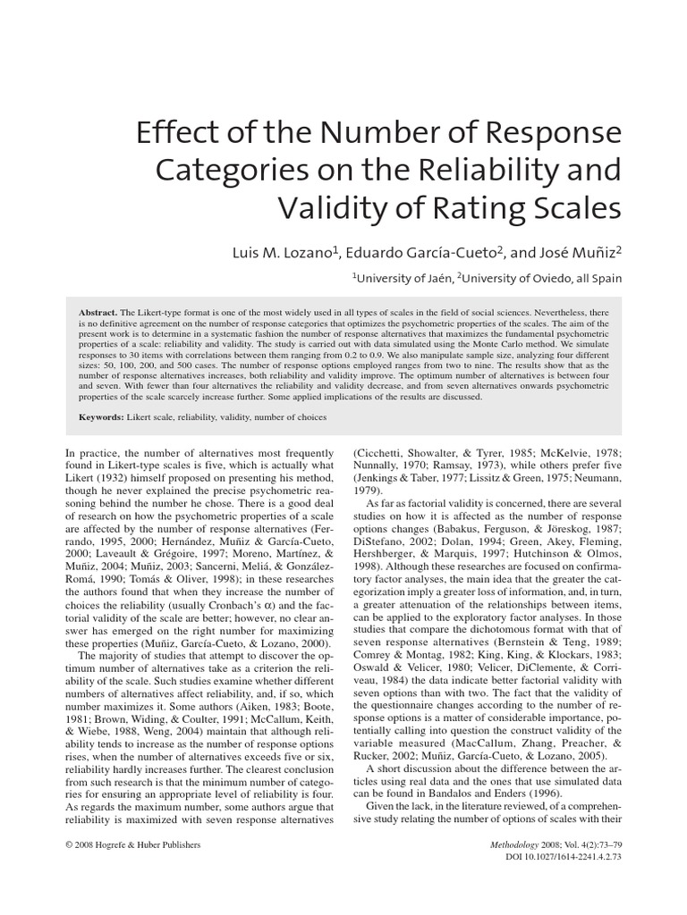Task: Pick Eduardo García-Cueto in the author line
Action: pos(420,253)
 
